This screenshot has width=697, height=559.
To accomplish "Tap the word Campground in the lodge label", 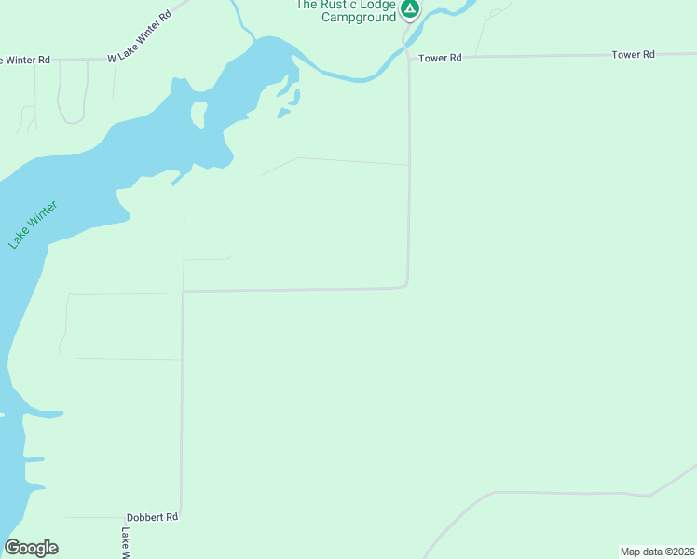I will [x=359, y=18].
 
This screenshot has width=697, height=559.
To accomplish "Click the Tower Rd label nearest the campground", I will [x=440, y=58].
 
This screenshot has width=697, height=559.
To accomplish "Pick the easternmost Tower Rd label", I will [x=633, y=55].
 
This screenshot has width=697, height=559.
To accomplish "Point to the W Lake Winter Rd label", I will [x=140, y=50].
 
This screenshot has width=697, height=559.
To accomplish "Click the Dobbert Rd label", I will [x=152, y=516].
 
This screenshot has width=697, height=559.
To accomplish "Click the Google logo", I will [x=32, y=548].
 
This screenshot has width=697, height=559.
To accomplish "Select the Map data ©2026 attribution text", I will [x=657, y=552].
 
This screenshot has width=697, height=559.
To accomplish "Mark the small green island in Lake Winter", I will [x=198, y=114].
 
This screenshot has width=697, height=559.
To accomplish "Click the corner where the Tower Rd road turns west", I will [x=406, y=285].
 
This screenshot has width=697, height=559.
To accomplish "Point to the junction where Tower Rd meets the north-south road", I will [x=409, y=58].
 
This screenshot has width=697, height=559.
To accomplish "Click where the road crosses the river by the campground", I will [x=406, y=38].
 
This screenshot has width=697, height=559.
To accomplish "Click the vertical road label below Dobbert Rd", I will [x=126, y=543].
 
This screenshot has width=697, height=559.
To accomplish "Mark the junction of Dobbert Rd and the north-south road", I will [x=181, y=516].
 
